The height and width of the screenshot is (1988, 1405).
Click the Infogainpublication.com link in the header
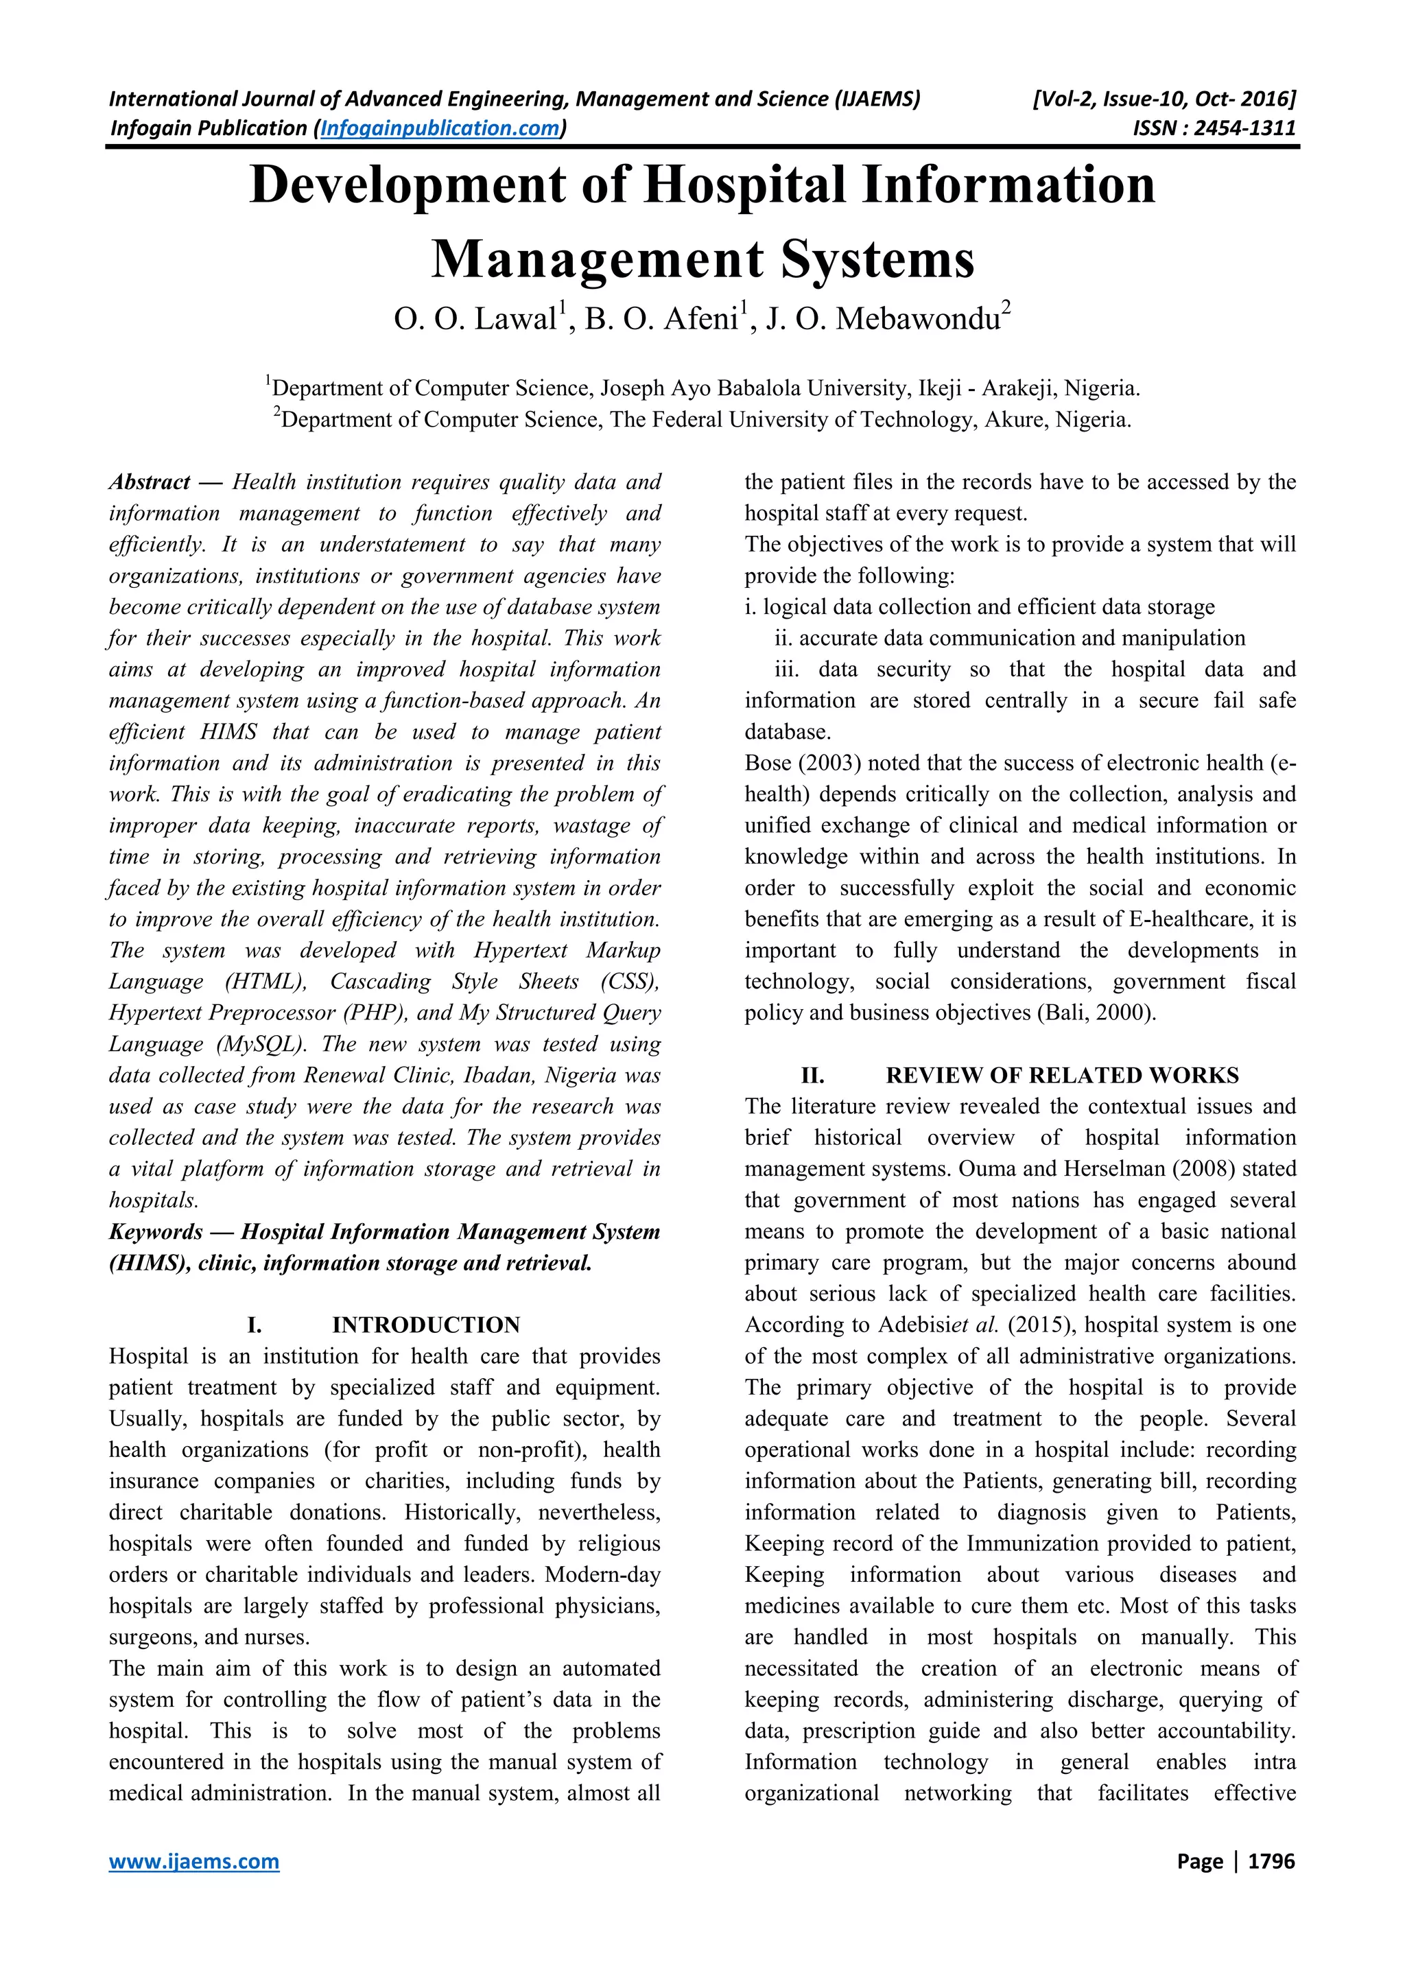coord(440,129)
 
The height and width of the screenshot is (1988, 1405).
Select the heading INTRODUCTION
coord(426,1325)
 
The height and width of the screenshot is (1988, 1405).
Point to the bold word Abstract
coord(150,482)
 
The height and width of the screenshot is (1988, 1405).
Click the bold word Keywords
coord(156,1231)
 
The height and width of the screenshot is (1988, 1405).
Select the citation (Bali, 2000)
coord(1095,1013)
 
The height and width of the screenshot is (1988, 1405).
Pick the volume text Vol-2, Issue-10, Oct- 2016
coord(1164,99)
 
